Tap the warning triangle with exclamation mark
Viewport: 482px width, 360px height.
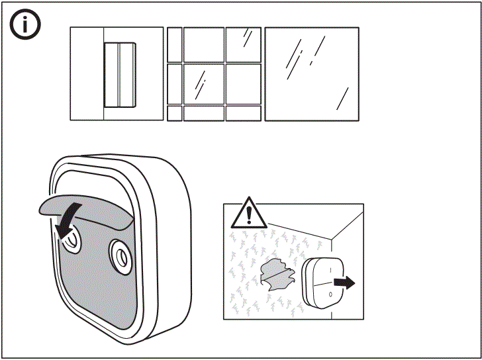click(249, 213)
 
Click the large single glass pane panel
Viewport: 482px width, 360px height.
click(311, 74)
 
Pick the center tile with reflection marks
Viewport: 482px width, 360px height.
click(203, 83)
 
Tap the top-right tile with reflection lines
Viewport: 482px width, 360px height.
click(243, 44)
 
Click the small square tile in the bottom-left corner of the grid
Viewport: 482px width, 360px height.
click(174, 113)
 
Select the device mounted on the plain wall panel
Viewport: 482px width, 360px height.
click(119, 74)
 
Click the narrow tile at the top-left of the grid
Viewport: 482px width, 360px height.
click(174, 44)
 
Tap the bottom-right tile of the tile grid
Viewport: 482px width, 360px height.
click(243, 113)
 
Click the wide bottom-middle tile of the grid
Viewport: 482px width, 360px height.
click(203, 113)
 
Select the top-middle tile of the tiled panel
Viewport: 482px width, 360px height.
click(203, 44)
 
